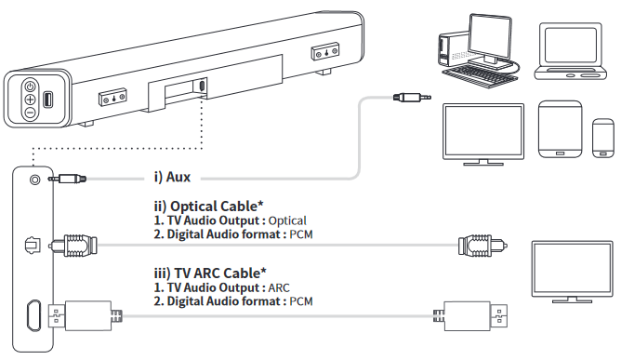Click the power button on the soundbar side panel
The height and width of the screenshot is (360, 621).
tap(30, 85)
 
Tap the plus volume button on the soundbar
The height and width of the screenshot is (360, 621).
tap(30, 98)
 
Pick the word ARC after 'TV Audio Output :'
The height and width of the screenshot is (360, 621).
tap(278, 287)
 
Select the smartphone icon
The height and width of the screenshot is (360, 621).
tap(602, 138)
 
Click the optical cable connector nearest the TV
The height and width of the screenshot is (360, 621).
tap(477, 247)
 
